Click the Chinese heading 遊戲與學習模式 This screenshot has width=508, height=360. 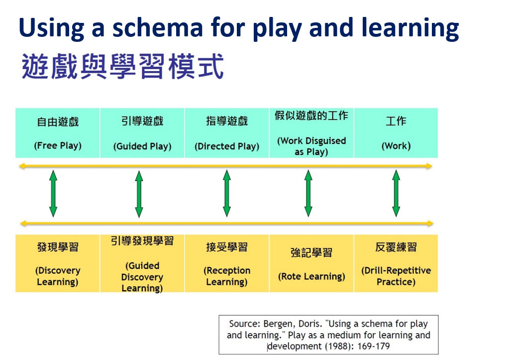122,68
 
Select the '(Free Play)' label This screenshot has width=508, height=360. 58,146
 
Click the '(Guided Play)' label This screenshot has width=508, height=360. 142,146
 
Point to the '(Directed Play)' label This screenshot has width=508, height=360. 227,146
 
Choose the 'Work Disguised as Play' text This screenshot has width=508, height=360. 311,146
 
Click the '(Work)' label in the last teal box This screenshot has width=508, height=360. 396,146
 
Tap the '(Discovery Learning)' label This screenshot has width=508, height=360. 58,276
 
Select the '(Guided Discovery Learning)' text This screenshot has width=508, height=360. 142,277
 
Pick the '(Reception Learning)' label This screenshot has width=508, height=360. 227,276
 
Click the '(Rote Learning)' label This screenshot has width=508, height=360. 311,276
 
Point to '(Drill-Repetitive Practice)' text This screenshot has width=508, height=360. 396,276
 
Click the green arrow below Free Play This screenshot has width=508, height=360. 53,193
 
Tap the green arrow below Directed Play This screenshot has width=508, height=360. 227,193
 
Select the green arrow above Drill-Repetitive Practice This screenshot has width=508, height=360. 396,193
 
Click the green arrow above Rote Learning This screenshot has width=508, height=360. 308,193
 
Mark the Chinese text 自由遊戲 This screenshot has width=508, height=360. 58,121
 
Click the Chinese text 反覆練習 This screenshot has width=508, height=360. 396,247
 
